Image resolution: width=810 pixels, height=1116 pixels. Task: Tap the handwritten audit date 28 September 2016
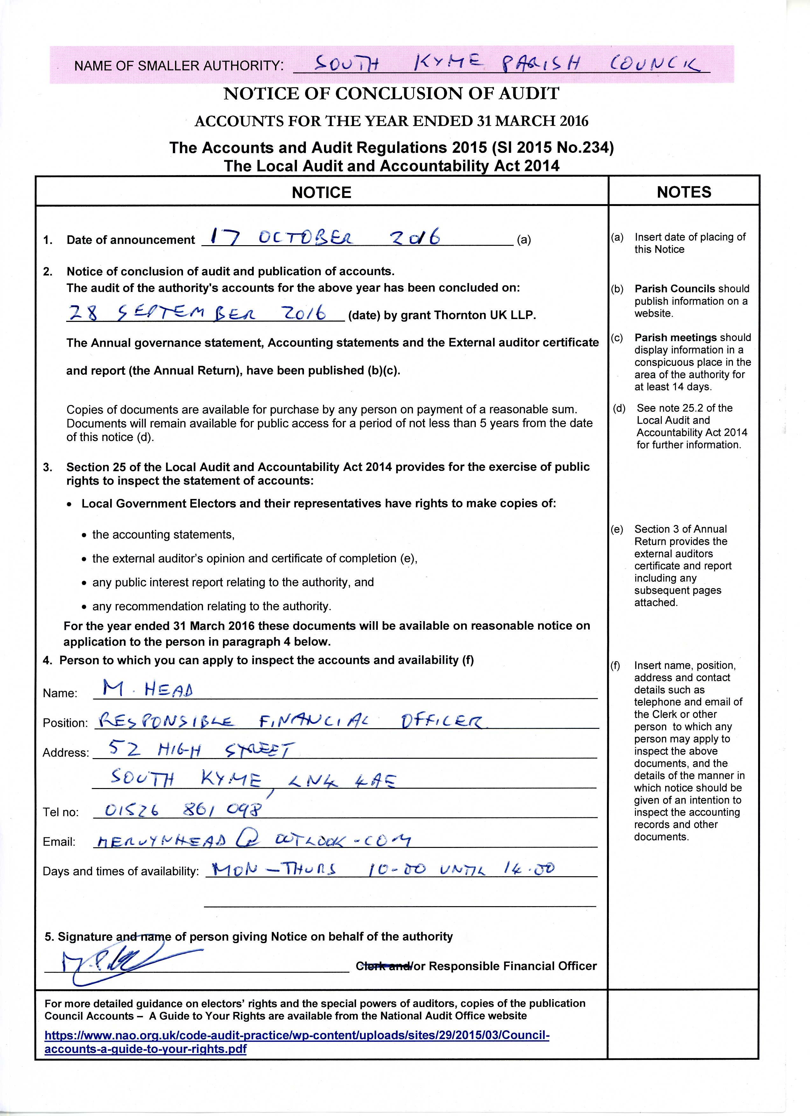(197, 313)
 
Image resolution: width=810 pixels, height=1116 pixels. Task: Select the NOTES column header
(684, 192)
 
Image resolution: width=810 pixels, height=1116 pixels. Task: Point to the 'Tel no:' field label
(60, 812)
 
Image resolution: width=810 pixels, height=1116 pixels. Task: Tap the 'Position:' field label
(65, 722)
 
